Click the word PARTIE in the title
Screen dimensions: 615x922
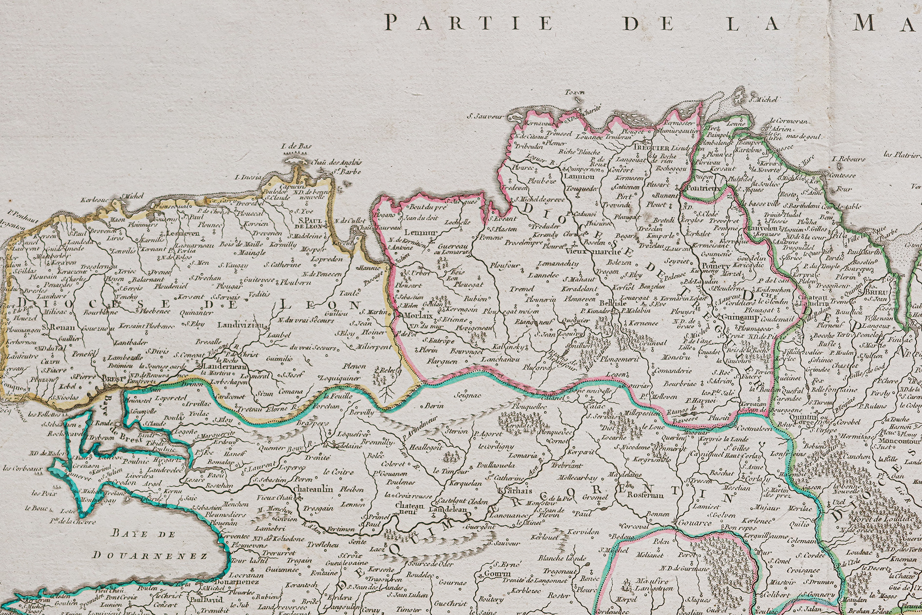469,23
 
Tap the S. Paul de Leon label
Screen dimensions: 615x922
308,223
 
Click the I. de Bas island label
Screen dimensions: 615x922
296,146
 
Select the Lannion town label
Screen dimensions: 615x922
579,176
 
